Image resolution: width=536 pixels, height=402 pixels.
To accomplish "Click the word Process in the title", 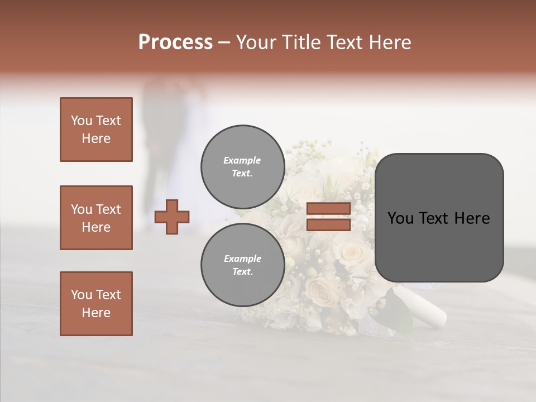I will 175,42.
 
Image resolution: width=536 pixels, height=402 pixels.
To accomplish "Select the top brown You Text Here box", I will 96,130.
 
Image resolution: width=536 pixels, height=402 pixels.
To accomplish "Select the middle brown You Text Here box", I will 96,218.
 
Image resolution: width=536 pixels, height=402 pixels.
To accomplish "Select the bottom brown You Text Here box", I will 96,304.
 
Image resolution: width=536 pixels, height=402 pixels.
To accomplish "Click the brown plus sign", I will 172,217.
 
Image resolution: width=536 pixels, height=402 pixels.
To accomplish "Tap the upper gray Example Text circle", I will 242,166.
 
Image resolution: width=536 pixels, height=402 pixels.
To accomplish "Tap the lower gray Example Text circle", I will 242,265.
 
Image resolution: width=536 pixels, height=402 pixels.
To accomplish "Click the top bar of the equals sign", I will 328,208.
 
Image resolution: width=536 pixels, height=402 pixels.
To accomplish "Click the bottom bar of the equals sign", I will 328,224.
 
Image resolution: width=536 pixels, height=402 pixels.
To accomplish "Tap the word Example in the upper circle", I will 242,160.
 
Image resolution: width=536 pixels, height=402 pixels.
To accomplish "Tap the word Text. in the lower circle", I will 242,271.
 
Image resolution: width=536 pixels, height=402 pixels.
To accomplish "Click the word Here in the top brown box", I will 96,138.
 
